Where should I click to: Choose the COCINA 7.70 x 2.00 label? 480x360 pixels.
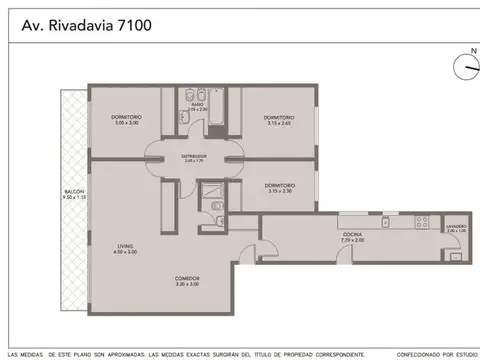point(352,238)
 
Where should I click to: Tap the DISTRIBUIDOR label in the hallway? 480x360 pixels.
point(193,158)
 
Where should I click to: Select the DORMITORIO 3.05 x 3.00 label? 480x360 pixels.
point(126,120)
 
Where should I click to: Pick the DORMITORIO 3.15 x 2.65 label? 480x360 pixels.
point(278,120)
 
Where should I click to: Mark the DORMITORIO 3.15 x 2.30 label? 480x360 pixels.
point(278,187)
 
